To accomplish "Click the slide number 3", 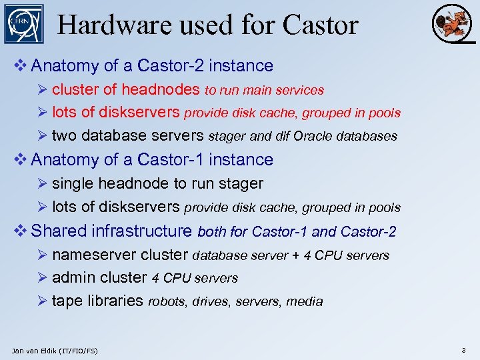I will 463,350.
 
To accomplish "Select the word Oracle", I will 313,137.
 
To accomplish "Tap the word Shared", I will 59,231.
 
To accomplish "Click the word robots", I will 167,301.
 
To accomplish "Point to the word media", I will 305,301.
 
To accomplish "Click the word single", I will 73,183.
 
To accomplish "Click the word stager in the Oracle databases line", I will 227,137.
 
